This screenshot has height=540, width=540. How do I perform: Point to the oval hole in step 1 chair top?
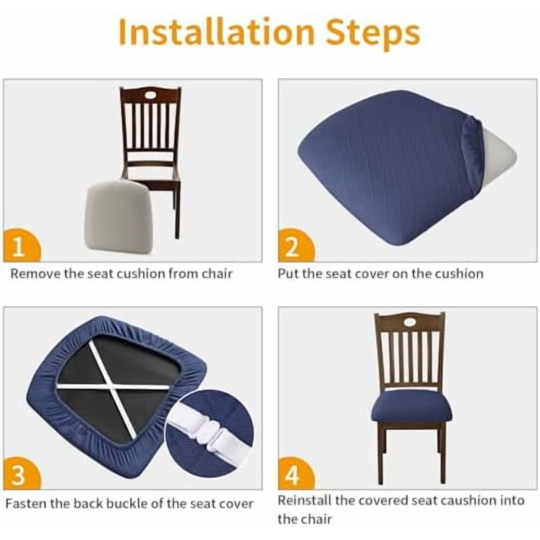tap(150, 95)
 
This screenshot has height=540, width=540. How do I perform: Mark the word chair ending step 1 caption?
tap(217, 274)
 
